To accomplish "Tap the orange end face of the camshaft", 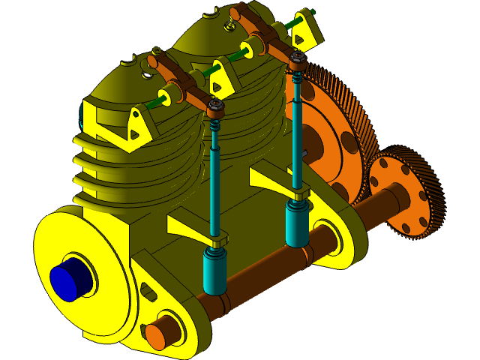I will click(x=155, y=336).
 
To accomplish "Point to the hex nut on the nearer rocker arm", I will click(x=214, y=106).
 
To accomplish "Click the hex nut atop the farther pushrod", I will click(x=298, y=58).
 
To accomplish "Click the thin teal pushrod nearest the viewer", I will click(x=215, y=187).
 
